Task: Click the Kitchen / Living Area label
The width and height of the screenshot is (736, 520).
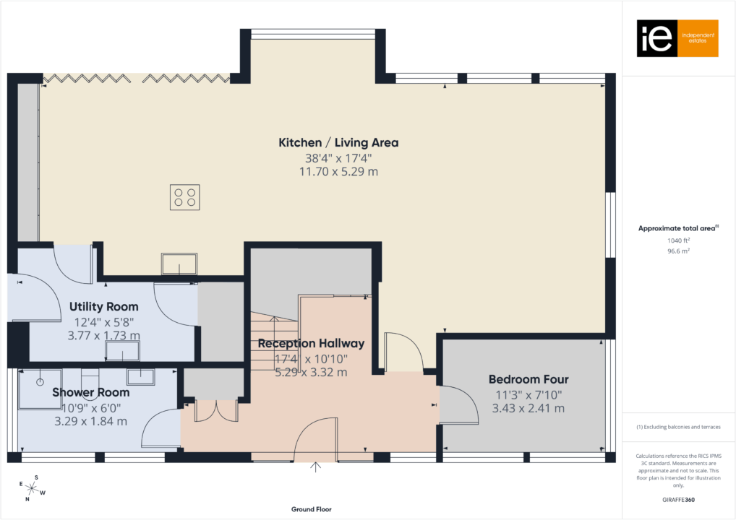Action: pyautogui.click(x=338, y=143)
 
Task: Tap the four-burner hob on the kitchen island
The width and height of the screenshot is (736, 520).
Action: pyautogui.click(x=184, y=197)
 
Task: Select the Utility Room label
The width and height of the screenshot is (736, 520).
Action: pyautogui.click(x=103, y=307)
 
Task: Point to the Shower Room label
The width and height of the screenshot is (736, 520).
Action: pyautogui.click(x=90, y=392)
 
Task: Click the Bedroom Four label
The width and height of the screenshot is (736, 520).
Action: pyautogui.click(x=528, y=379)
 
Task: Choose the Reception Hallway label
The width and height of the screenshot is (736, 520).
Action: pyautogui.click(x=311, y=344)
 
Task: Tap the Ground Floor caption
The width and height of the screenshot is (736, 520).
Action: pyautogui.click(x=312, y=509)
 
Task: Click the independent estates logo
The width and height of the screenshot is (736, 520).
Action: pyautogui.click(x=677, y=38)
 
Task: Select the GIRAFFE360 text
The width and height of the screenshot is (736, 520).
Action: pyautogui.click(x=678, y=499)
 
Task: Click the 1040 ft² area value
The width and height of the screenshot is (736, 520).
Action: pyautogui.click(x=678, y=240)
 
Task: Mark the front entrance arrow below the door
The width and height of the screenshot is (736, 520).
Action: pyautogui.click(x=315, y=467)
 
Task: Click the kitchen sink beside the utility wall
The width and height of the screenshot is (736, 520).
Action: pyautogui.click(x=179, y=264)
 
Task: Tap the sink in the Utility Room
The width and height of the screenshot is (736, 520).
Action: pyautogui.click(x=123, y=351)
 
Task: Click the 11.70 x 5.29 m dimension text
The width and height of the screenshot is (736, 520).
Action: pyautogui.click(x=338, y=172)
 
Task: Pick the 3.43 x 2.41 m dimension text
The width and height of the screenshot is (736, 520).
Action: pyautogui.click(x=528, y=408)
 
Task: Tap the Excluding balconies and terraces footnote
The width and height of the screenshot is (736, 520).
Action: pyautogui.click(x=678, y=427)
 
